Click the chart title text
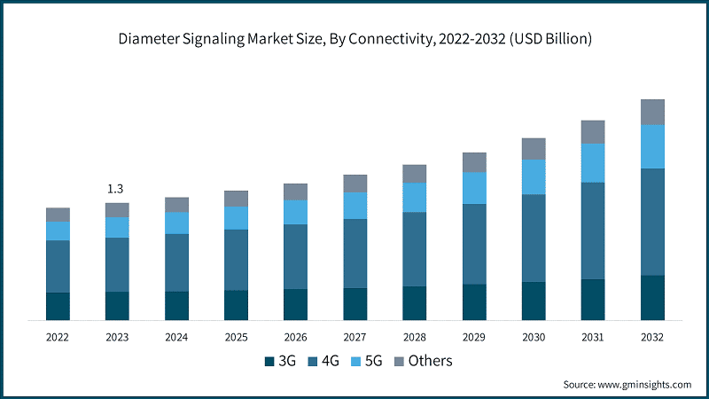pyautogui.click(x=354, y=40)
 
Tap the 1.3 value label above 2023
pyautogui.click(x=115, y=189)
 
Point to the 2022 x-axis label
pyautogui.click(x=58, y=337)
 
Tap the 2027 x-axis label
pyautogui.click(x=354, y=337)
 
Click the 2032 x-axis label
pyautogui.click(x=651, y=337)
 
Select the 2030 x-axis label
pyautogui.click(x=533, y=337)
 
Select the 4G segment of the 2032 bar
pyautogui.click(x=652, y=222)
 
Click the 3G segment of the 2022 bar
pyautogui.click(x=58, y=306)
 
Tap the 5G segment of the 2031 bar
pyautogui.click(x=592, y=163)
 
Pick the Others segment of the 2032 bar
pyautogui.click(x=652, y=112)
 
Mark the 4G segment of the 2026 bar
pyautogui.click(x=295, y=256)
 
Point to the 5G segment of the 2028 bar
pyautogui.click(x=414, y=197)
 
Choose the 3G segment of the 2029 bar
pyautogui.click(x=473, y=301)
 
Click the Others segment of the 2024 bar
pyautogui.click(x=176, y=205)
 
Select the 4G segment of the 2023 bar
pyautogui.click(x=117, y=264)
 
